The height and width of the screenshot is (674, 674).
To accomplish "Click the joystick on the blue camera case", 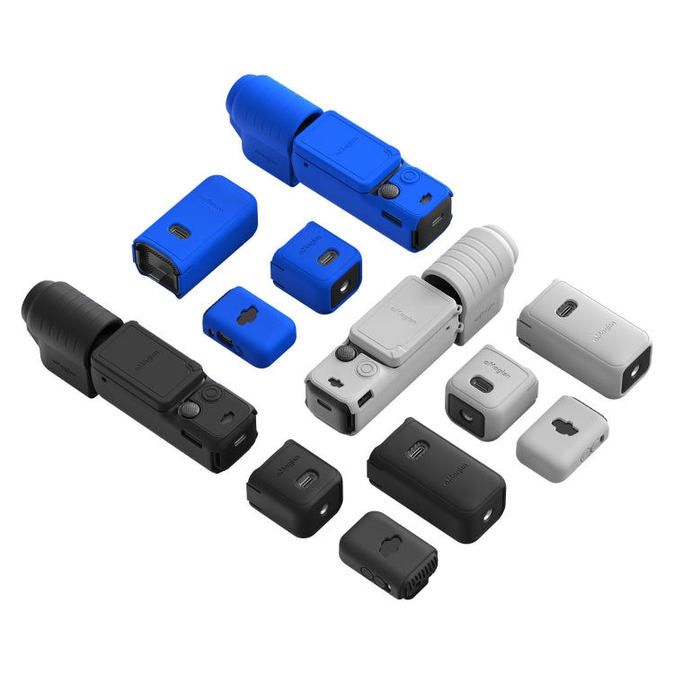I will (388, 191).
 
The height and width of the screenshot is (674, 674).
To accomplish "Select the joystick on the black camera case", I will (190, 411).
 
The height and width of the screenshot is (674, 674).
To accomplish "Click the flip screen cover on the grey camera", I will (399, 319).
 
